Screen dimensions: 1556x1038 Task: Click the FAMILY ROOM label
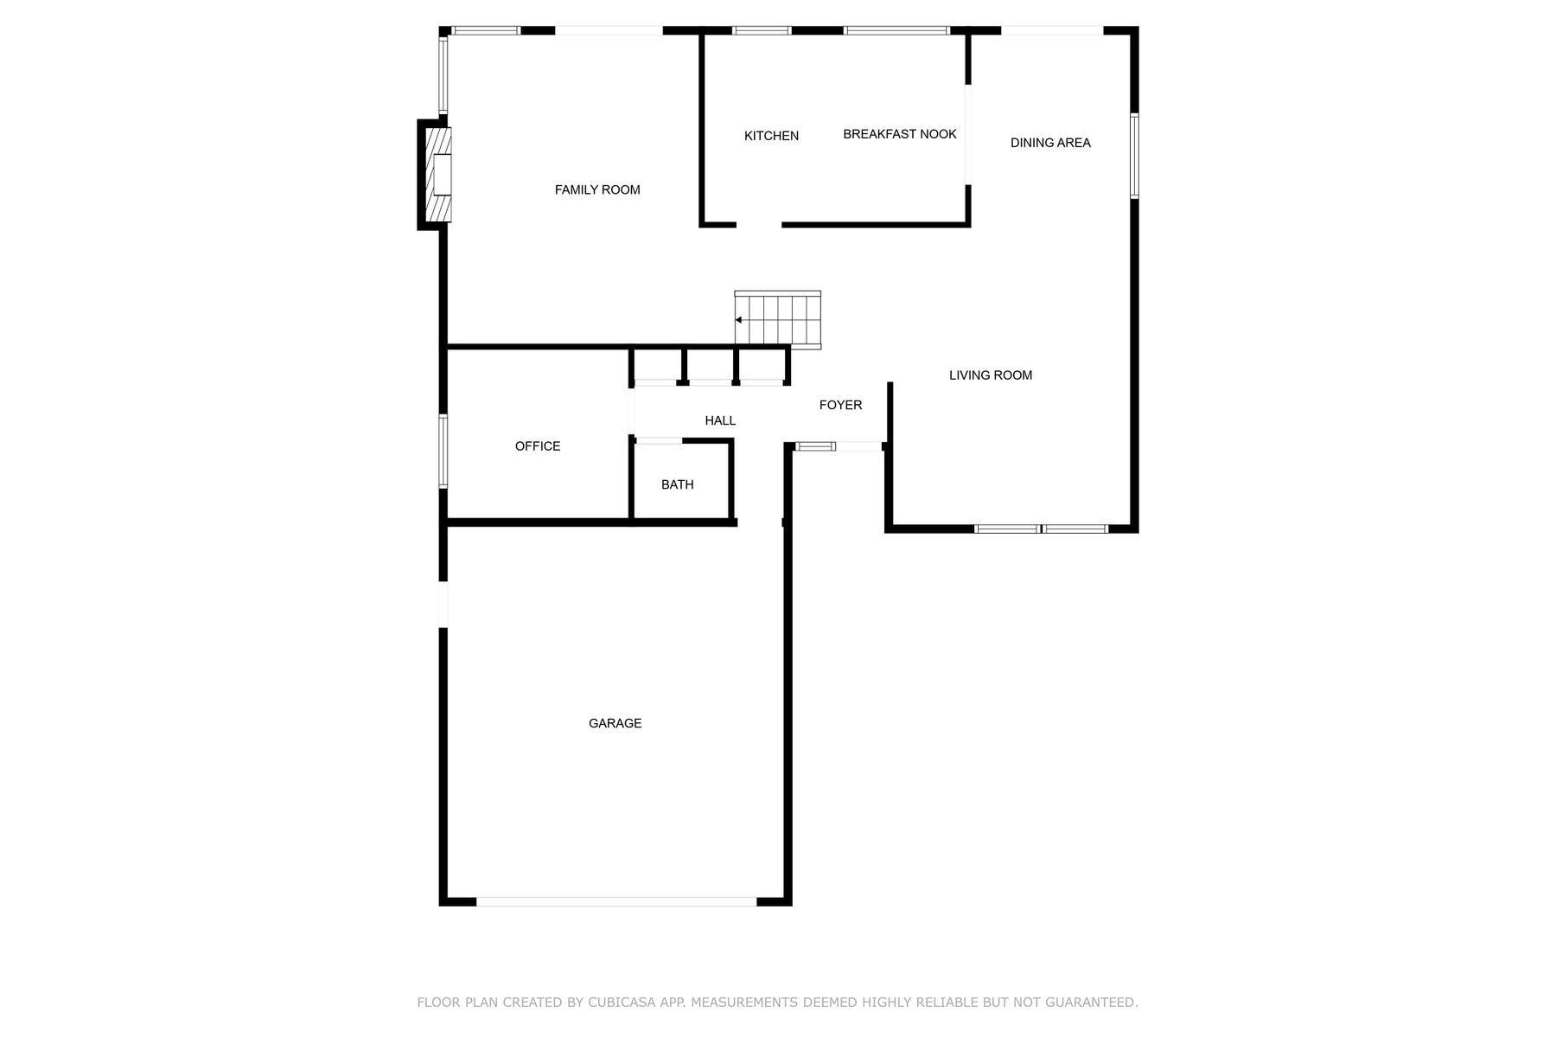597,190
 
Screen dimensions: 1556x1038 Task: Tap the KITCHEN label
771,136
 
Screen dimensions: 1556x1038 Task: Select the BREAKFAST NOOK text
900,134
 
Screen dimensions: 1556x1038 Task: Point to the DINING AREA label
1050,143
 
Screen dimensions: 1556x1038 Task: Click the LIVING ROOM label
991,375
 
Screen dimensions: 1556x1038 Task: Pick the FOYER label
840,405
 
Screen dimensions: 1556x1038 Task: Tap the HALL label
720,420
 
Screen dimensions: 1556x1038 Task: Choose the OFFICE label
538,446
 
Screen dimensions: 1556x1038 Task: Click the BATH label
678,484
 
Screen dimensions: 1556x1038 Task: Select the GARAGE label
615,723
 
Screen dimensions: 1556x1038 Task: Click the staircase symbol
778,320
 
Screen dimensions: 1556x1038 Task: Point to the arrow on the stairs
739,320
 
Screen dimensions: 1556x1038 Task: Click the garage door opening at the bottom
616,901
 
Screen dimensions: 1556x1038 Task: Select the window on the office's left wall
443,451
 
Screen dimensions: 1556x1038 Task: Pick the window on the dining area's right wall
1134,156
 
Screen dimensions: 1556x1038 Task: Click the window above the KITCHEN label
762,30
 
